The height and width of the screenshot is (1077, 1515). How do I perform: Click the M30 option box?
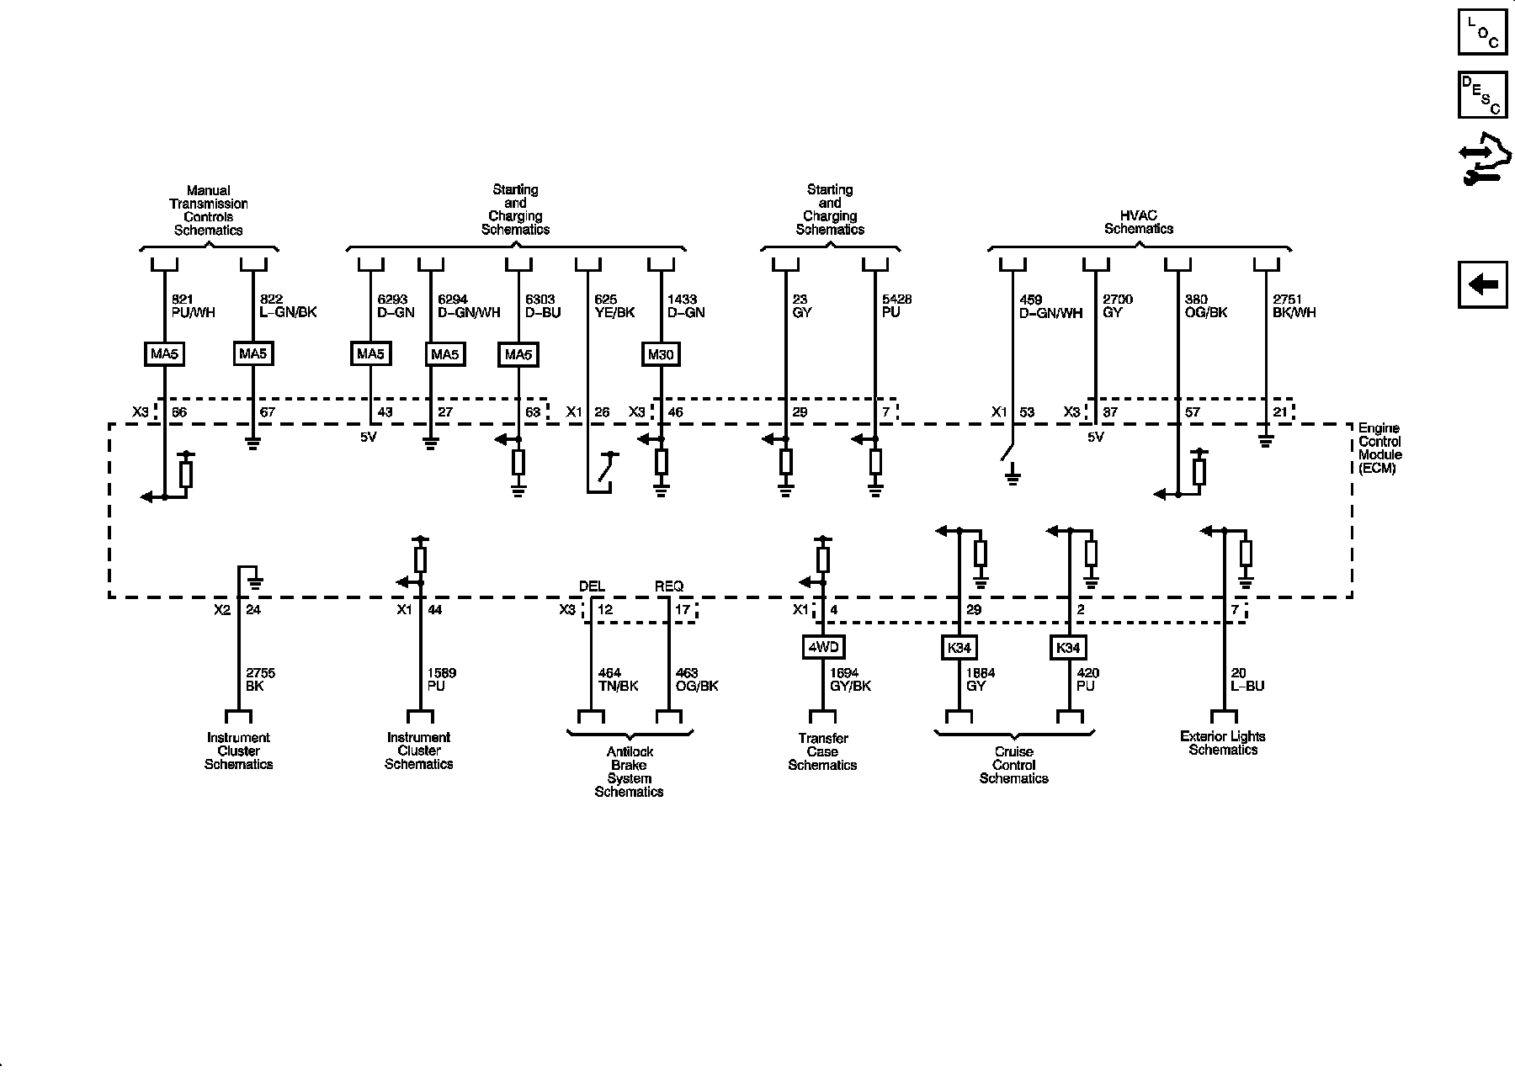(661, 354)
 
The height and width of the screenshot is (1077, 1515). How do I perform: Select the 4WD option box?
(822, 647)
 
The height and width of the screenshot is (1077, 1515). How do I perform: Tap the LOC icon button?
(1482, 31)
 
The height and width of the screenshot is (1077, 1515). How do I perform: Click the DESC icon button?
(1482, 95)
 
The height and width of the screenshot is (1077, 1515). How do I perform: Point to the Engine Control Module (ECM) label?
(1379, 448)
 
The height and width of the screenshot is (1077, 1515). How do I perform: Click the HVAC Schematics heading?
(1139, 222)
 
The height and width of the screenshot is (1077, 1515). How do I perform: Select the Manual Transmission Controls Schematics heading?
(208, 210)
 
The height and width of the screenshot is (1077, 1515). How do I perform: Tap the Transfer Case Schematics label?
(822, 751)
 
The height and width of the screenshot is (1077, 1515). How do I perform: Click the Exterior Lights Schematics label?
(1222, 743)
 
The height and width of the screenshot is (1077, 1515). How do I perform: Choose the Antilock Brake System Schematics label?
(630, 772)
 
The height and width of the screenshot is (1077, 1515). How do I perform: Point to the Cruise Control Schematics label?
(1013, 765)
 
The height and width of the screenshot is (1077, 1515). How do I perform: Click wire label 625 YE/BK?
(614, 306)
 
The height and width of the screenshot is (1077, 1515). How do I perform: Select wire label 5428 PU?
(896, 306)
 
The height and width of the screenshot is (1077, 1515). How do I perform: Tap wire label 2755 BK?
(260, 680)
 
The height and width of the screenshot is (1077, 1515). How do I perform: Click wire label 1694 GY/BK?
(850, 680)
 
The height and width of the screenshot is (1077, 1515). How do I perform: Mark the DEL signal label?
(592, 586)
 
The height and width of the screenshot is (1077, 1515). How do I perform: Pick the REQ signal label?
(669, 586)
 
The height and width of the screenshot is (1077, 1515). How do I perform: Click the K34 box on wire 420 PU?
(1068, 648)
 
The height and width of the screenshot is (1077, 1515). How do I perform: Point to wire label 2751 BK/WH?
(1294, 306)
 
